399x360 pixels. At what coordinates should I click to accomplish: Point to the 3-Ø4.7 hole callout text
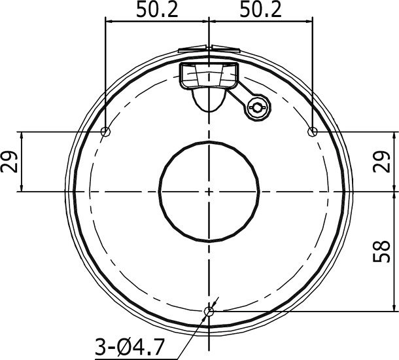130,344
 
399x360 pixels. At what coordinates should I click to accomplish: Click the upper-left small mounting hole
106,132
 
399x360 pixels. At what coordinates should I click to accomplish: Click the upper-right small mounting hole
313,132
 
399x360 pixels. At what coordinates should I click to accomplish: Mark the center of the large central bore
209,190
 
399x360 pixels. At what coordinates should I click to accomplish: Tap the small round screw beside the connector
257,108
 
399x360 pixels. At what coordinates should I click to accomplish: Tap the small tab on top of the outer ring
208,48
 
